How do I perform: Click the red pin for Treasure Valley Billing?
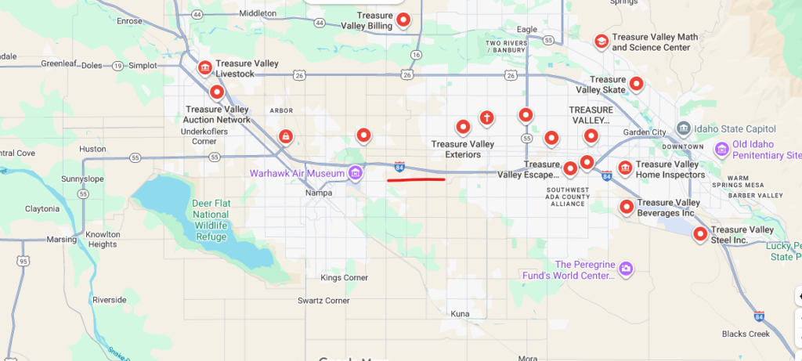tap(403, 20)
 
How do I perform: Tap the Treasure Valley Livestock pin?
tap(204, 68)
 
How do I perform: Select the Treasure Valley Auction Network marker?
tap(217, 92)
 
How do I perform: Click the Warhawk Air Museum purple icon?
tap(356, 172)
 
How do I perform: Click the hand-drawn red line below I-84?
tap(416, 179)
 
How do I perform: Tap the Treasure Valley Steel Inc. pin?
tap(700, 233)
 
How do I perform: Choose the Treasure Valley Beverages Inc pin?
tap(627, 207)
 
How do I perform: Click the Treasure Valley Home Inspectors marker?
tap(625, 167)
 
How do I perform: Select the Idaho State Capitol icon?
tap(684, 128)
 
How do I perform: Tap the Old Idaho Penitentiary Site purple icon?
tap(721, 148)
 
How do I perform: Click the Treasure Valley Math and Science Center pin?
tap(601, 41)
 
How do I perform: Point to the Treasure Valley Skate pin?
tap(637, 83)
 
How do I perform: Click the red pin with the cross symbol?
tap(486, 118)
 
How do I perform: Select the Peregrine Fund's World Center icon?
tap(625, 270)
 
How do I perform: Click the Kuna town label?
tap(461, 313)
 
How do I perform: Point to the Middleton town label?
tap(258, 13)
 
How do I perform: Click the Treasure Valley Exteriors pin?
tap(463, 127)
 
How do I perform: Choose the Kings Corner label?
tap(343, 278)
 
